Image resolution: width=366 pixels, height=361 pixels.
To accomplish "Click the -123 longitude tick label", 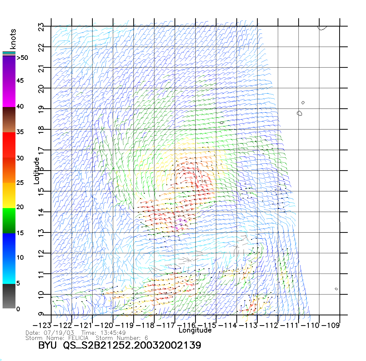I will click(42, 325).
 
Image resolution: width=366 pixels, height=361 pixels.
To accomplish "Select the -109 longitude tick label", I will click(331, 325).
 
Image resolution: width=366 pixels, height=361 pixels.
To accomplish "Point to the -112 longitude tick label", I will click(269, 325).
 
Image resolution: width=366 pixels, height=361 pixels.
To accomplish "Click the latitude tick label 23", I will click(41, 27).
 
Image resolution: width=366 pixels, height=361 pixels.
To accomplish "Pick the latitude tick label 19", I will click(41, 110).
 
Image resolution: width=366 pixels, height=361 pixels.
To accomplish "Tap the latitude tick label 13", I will click(41, 233).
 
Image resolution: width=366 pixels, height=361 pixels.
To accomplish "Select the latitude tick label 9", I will click(41, 314).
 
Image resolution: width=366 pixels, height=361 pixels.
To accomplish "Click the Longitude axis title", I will click(195, 330).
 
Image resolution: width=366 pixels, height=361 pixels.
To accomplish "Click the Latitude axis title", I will click(37, 171).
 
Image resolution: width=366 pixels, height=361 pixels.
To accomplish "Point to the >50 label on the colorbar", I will click(22, 58).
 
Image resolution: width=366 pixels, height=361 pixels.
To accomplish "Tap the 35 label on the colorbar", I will click(20, 132).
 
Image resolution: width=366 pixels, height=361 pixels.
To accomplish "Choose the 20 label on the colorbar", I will click(20, 207).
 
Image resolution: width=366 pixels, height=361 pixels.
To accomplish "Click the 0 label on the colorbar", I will click(18, 309).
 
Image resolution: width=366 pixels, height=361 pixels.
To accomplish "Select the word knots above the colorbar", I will click(13, 39).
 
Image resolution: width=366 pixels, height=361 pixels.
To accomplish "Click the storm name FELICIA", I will click(78, 338).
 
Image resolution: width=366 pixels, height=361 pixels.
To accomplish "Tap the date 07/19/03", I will click(59, 333).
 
